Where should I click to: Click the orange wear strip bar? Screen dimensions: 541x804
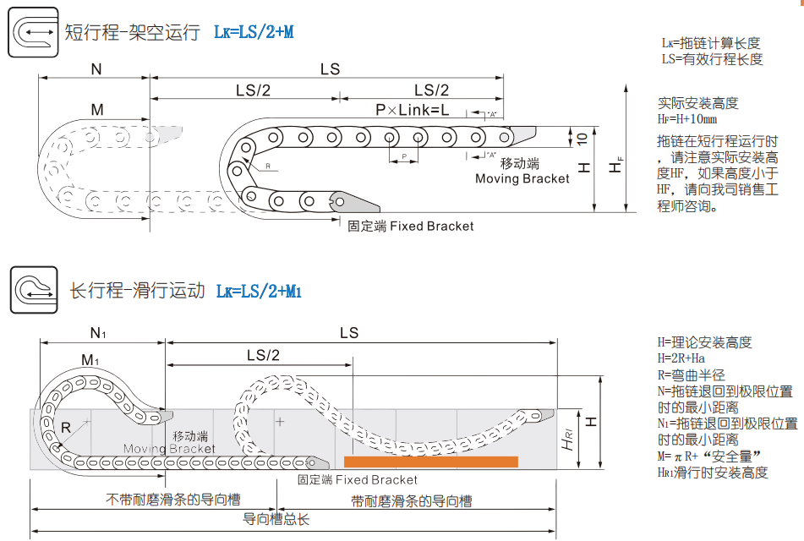[431, 462]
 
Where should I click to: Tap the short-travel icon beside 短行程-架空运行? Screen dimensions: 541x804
[33, 33]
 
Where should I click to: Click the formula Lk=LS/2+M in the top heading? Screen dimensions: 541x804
[254, 33]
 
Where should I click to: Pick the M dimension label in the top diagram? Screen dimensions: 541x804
[96, 110]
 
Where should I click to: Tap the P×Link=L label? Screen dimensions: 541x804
[413, 111]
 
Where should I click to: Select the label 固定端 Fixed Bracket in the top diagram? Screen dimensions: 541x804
[411, 227]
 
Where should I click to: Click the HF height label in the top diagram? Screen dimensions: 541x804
[618, 167]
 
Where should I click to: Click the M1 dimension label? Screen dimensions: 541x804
[90, 361]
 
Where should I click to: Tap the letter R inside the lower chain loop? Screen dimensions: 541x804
[66, 428]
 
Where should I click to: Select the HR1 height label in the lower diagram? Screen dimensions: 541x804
[569, 439]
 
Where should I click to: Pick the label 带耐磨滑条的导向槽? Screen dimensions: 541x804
[412, 501]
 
